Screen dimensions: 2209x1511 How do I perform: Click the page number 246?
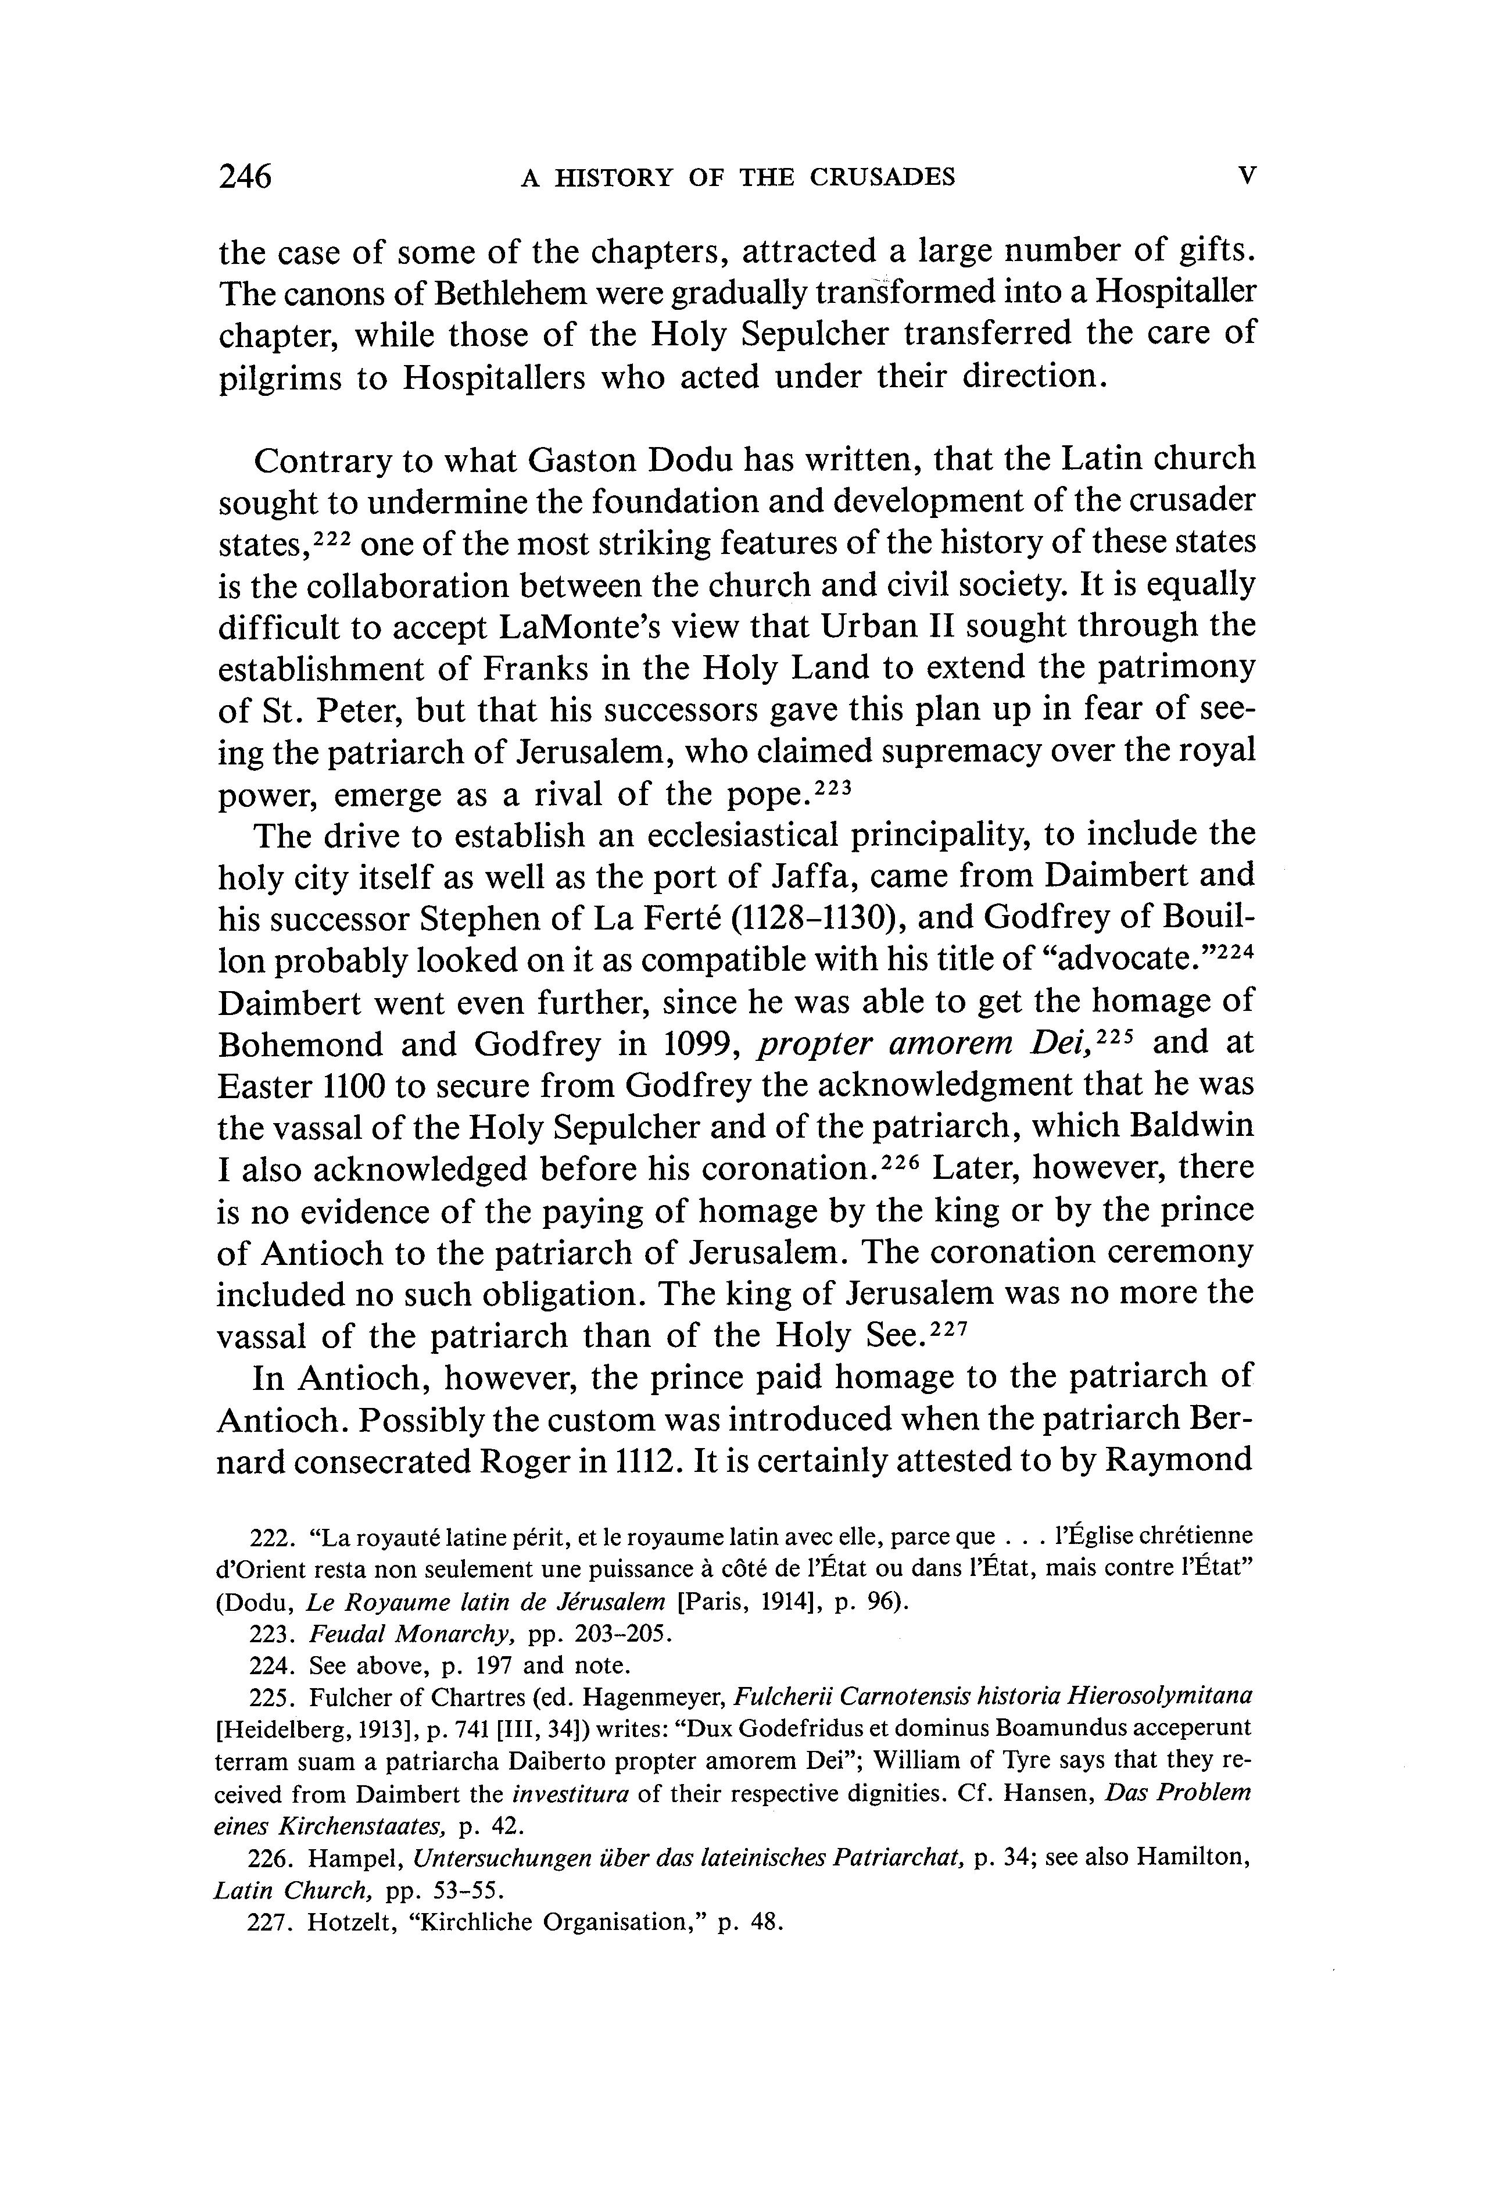[x=245, y=177]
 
